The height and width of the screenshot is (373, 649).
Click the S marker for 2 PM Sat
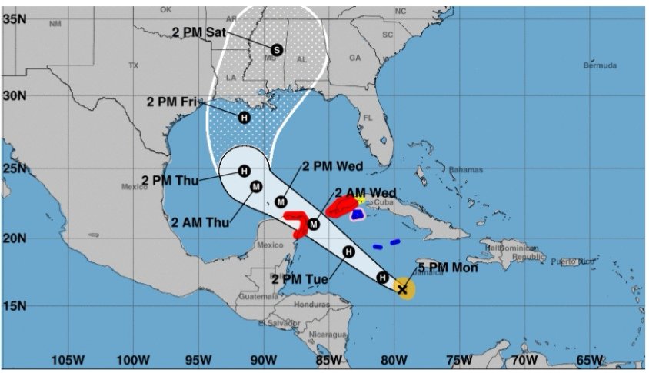[278, 49]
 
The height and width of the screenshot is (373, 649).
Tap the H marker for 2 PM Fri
[245, 118]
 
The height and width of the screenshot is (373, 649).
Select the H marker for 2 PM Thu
[244, 171]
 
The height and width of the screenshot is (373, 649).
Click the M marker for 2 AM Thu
[256, 185]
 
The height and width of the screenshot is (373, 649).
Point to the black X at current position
[402, 289]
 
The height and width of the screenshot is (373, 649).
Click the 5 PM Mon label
[448, 268]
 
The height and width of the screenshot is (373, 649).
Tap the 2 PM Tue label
[300, 278]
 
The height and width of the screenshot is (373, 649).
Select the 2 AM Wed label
[365, 192]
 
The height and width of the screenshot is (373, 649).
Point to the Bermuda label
[600, 65]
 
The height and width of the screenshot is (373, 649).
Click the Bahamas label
[465, 169]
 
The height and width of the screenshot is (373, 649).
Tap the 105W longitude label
[67, 360]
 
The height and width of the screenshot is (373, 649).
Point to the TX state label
[133, 65]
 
